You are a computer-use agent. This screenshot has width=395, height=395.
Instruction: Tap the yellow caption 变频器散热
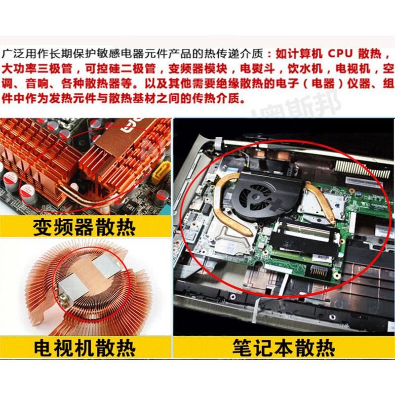pyautogui.click(x=83, y=228)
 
